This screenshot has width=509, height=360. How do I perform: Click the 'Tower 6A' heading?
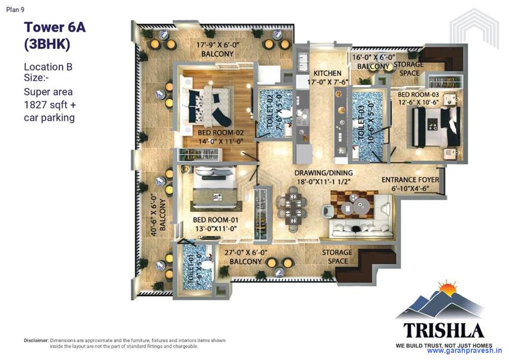pyautogui.click(x=55, y=27)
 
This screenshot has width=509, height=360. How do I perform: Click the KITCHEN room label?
pyautogui.click(x=327, y=73)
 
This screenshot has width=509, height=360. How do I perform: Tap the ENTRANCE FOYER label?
pyautogui.click(x=411, y=180)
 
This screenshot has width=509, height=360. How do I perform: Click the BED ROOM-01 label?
pyautogui.click(x=216, y=220)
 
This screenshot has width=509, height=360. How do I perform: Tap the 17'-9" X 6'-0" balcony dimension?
pyautogui.click(x=217, y=45)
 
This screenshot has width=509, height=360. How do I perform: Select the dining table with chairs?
pyautogui.click(x=293, y=205)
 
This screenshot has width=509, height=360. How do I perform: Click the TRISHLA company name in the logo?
pyautogui.click(x=444, y=330)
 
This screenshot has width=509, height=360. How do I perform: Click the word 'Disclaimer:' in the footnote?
pyautogui.click(x=36, y=340)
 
